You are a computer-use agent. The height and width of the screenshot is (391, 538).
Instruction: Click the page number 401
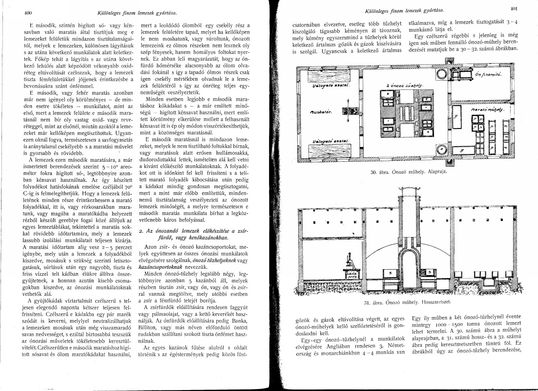(526, 8)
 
